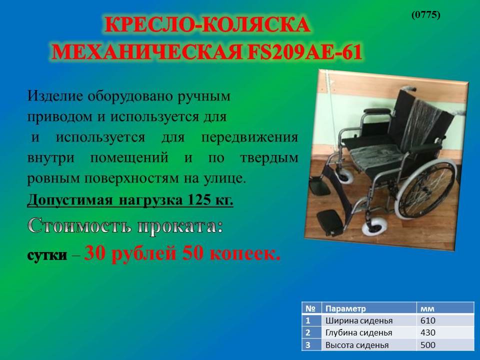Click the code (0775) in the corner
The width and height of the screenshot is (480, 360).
coord(426,14)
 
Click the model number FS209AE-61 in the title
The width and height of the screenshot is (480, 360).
coord(304,51)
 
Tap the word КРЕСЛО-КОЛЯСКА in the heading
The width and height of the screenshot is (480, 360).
coord(207,24)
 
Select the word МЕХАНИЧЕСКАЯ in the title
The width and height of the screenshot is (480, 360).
coord(147,51)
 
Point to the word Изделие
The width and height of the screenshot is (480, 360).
coord(55,96)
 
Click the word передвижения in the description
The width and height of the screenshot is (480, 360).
coord(249,138)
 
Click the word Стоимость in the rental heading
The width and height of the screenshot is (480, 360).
coord(79,226)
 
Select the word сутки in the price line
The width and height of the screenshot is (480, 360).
coord(47,255)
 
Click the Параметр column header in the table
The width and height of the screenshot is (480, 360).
coord(345,308)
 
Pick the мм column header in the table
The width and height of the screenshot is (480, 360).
coord(427,309)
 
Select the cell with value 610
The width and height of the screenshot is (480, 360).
coord(427,320)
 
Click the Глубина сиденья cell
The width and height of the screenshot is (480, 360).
coord(358,333)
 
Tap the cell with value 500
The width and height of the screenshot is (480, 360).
coord(427,345)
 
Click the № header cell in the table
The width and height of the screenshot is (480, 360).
coord(310,308)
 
